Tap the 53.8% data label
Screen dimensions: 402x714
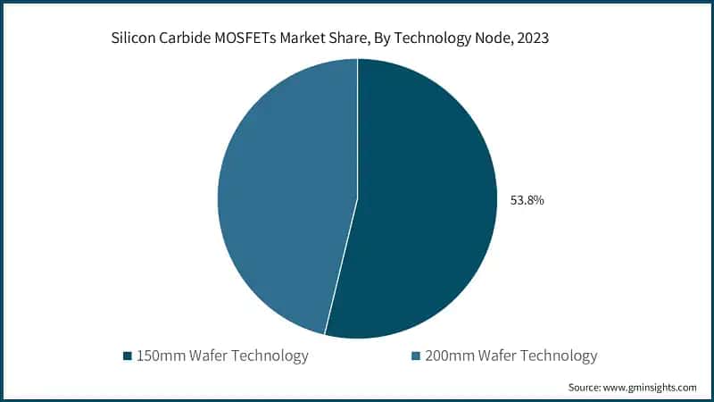[527, 200]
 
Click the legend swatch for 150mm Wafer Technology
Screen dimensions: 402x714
[128, 356]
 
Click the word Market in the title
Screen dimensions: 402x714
[304, 38]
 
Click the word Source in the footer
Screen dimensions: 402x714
[585, 387]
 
